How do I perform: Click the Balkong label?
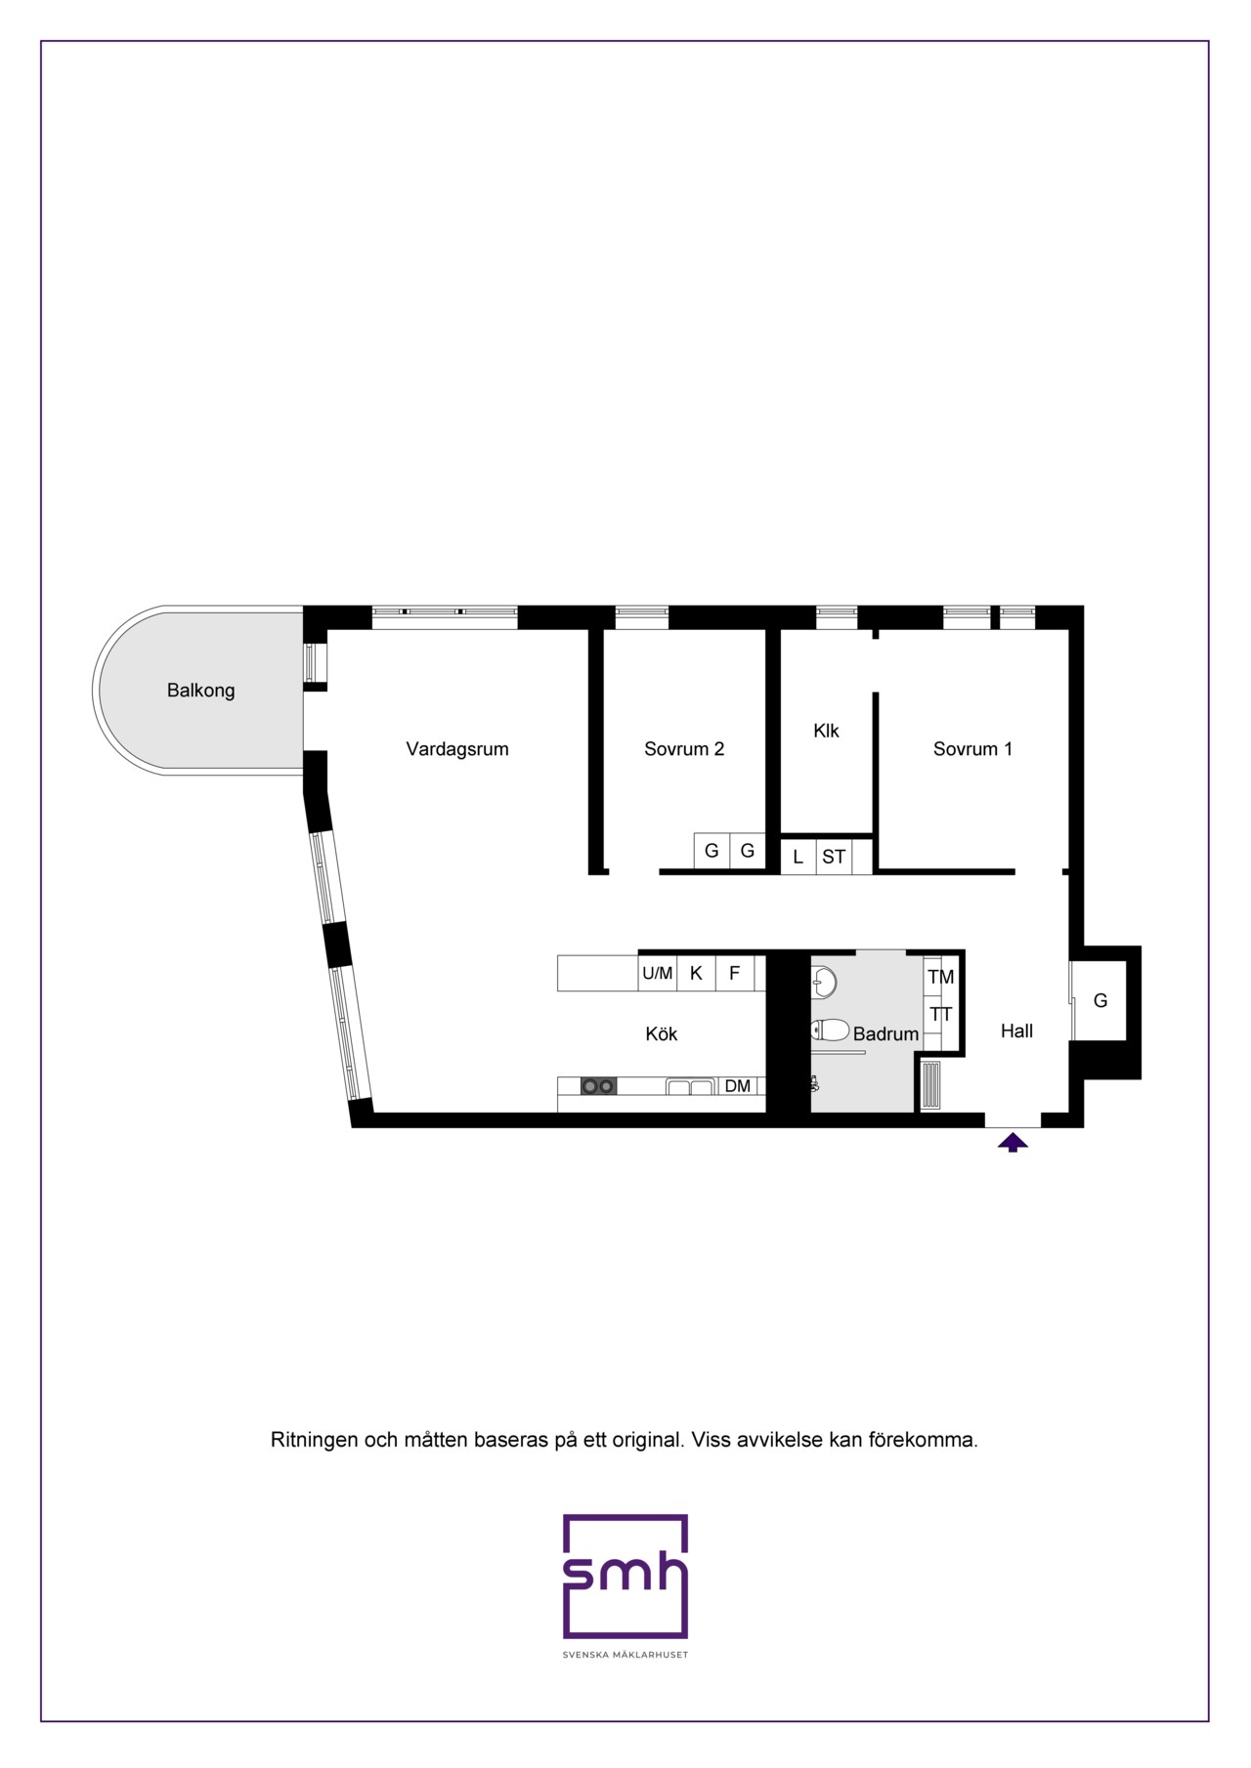click(x=200, y=691)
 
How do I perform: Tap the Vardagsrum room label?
click(x=457, y=749)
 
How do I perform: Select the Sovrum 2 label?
click(x=684, y=749)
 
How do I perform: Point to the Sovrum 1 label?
click(x=972, y=749)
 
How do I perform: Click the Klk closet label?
click(x=826, y=731)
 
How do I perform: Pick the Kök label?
click(x=662, y=1033)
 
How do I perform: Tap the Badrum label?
click(x=885, y=1033)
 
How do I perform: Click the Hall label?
click(x=1016, y=1031)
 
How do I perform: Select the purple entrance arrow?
click(x=1013, y=1141)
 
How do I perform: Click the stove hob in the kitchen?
click(x=598, y=1085)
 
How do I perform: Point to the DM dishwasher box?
click(x=738, y=1086)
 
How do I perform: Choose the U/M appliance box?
click(x=657, y=973)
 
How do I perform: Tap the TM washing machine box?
click(x=940, y=977)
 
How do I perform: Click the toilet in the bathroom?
click(x=830, y=1029)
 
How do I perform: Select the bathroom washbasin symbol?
click(x=823, y=982)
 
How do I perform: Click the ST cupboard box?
click(x=834, y=857)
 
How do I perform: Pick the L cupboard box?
click(x=798, y=857)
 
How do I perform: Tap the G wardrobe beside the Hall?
click(x=1100, y=1000)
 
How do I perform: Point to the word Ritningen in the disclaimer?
click(x=314, y=1440)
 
